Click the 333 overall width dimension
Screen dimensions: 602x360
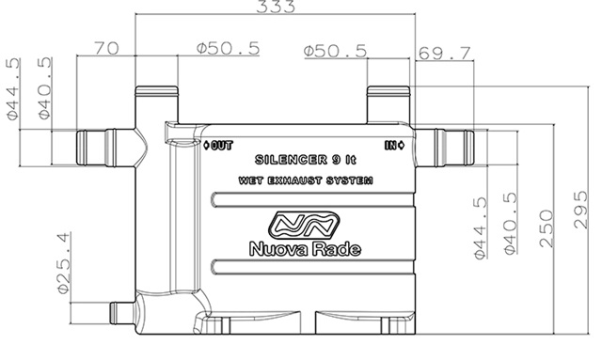(x=276, y=7)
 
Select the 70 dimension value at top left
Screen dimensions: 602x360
(x=106, y=48)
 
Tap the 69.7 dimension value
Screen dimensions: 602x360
(x=444, y=54)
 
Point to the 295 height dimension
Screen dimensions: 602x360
(x=580, y=210)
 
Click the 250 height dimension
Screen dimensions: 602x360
(x=546, y=228)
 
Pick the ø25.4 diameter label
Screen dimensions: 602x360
(x=64, y=263)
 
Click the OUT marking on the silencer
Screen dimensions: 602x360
(x=218, y=146)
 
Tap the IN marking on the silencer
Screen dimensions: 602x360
(x=394, y=146)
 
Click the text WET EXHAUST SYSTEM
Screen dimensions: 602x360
(x=306, y=180)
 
